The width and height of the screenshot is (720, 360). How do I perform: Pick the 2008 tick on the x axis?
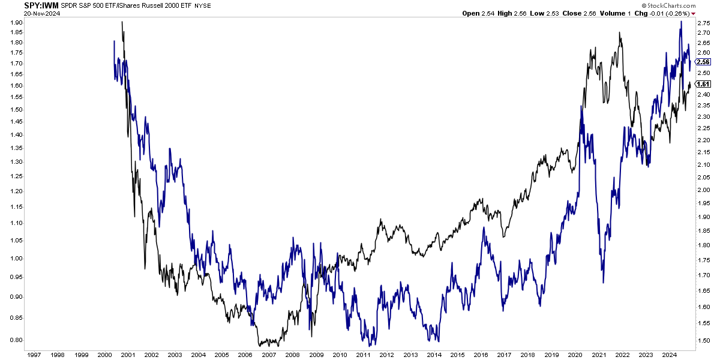(x=292, y=355)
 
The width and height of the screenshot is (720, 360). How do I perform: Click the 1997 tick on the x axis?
(x=34, y=355)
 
